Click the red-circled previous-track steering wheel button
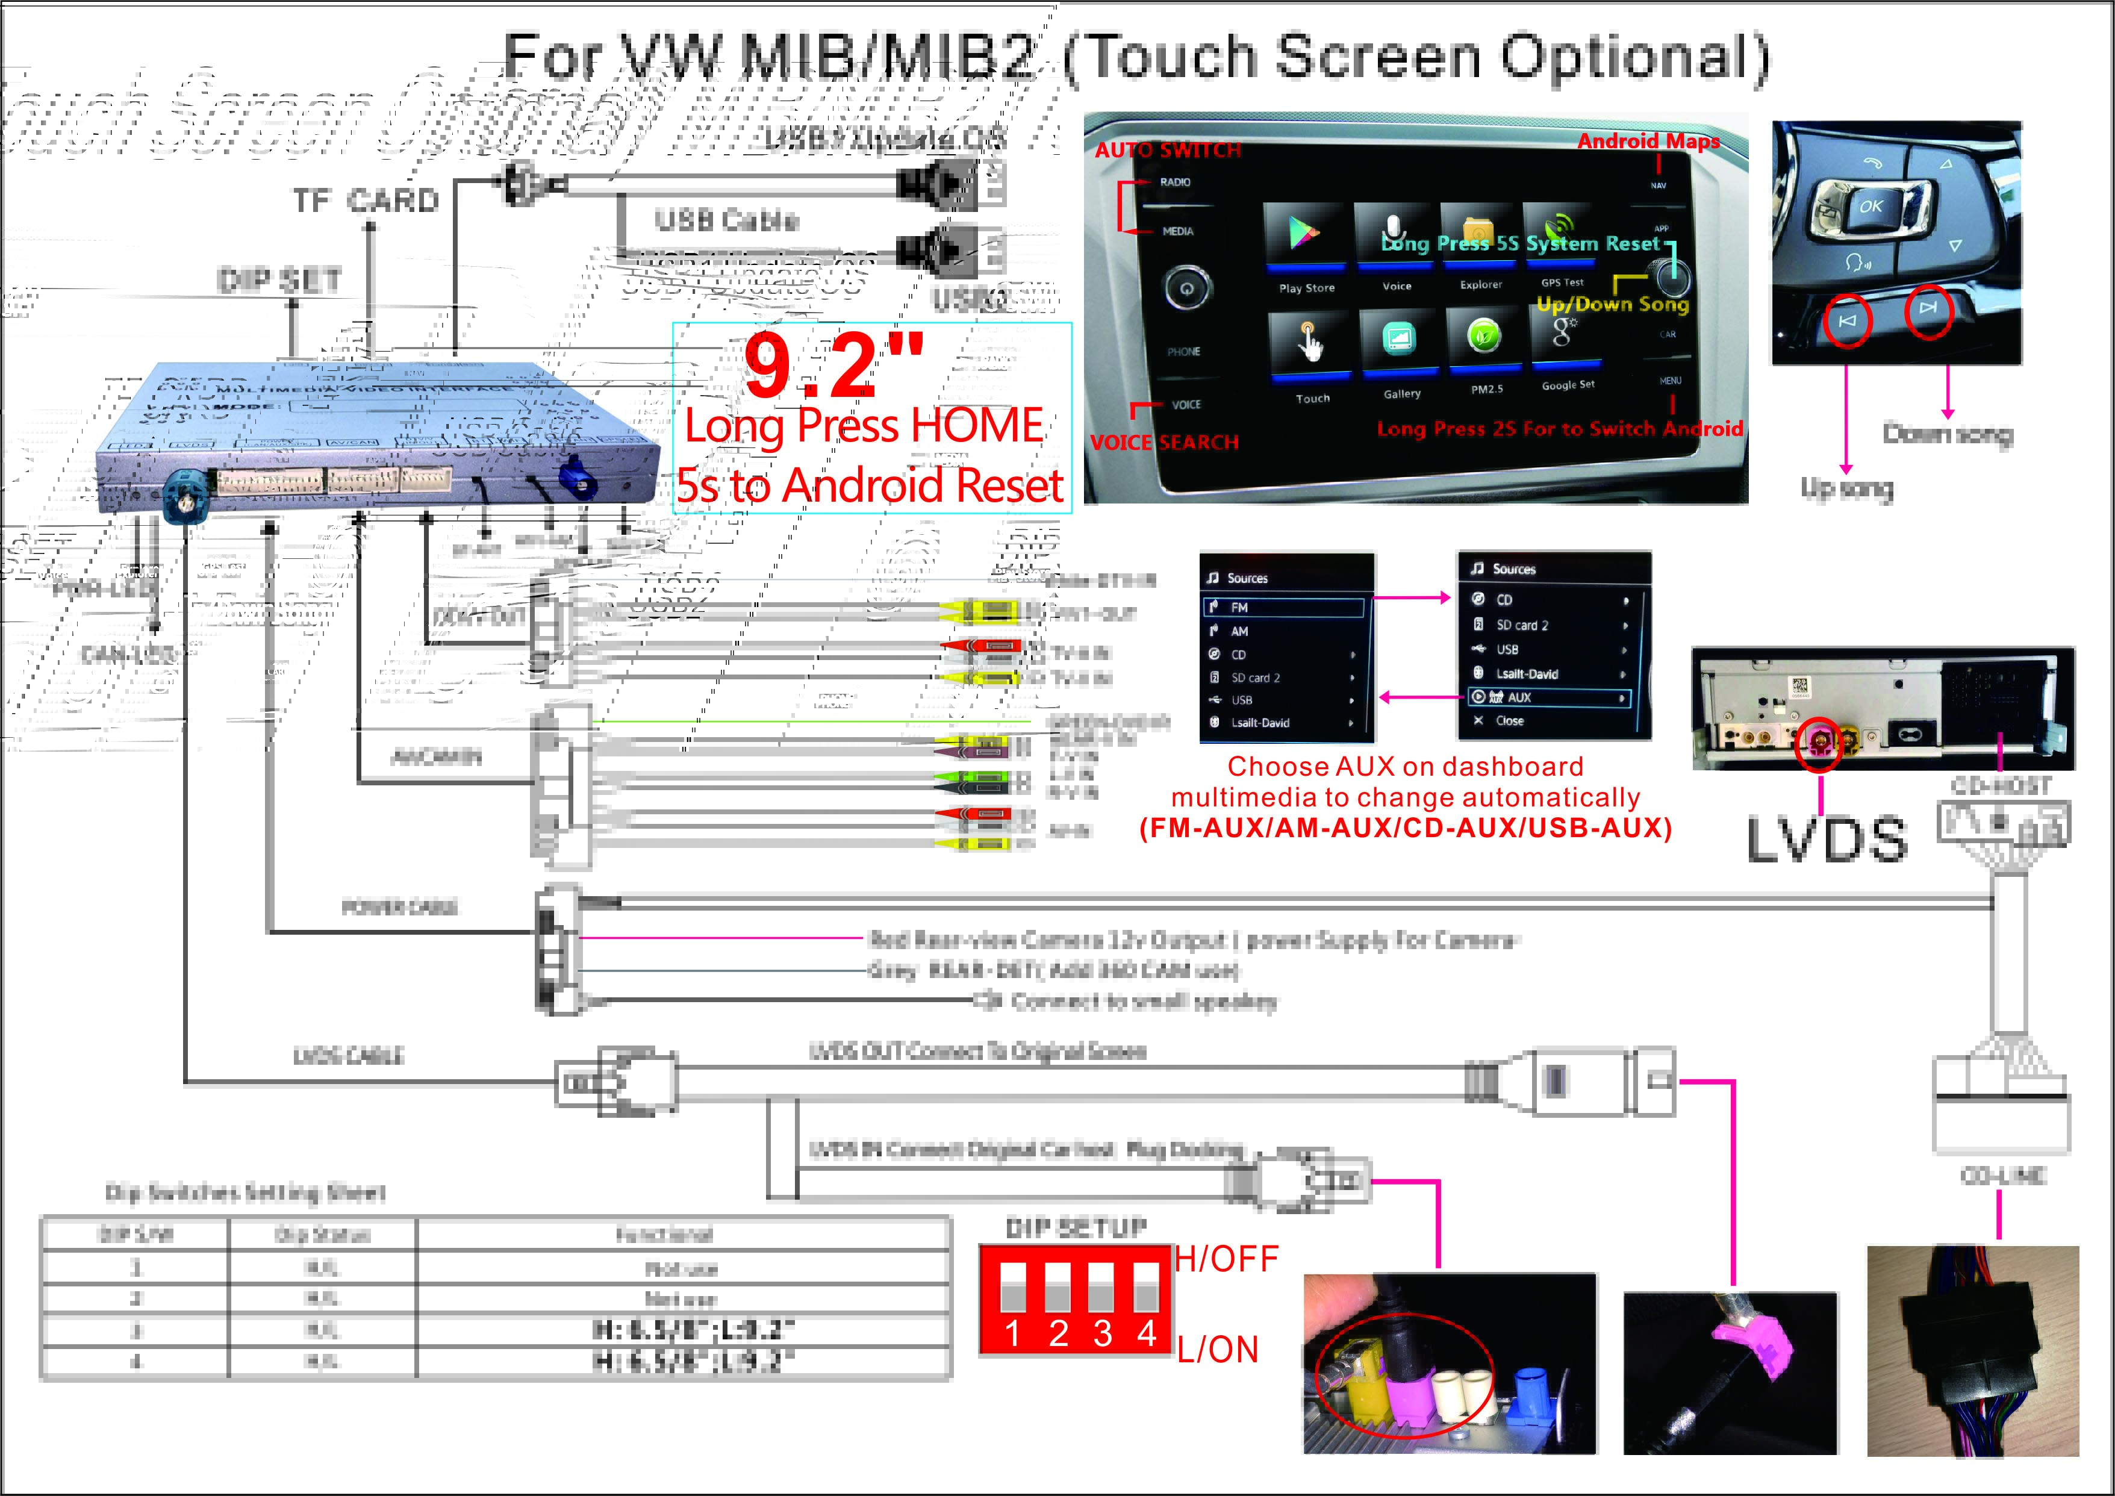(x=1847, y=320)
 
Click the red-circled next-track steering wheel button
(x=1928, y=308)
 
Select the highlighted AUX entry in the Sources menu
(x=1548, y=698)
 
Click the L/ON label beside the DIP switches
(x=1218, y=1350)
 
